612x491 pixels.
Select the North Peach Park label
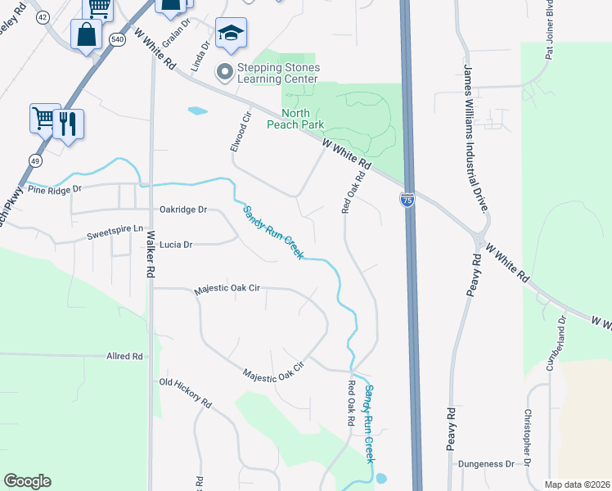point(295,119)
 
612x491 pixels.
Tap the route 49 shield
point(35,160)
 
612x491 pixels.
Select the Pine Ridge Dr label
point(55,189)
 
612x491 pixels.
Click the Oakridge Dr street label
point(184,209)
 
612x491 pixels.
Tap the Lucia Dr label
point(176,245)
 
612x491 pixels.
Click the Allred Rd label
point(124,357)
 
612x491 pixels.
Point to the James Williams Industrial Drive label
point(477,139)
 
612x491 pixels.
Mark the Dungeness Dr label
point(486,464)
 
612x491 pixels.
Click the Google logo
point(27,481)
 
